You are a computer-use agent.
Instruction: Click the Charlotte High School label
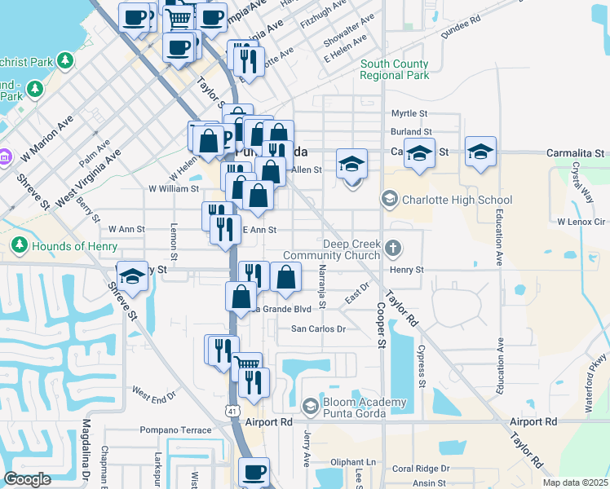457,200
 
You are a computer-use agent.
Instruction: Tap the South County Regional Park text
395,69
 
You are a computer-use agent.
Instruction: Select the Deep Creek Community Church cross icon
392,247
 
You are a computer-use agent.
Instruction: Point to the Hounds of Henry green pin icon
19,245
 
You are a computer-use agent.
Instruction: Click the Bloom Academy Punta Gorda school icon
310,406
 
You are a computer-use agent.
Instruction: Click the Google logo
28,479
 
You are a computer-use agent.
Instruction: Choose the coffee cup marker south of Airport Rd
254,472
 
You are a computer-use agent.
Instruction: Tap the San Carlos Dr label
320,329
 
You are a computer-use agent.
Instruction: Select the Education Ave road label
497,237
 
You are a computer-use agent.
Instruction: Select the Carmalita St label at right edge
576,152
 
